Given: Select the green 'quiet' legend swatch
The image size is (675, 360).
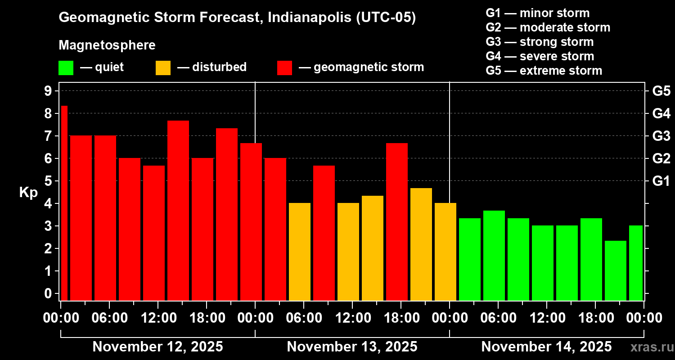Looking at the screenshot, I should (66, 67).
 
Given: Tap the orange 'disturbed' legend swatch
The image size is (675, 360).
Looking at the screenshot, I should (163, 67).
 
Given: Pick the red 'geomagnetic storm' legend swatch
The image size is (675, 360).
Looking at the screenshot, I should (284, 67).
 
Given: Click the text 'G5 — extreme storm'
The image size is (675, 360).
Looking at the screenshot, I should (544, 71).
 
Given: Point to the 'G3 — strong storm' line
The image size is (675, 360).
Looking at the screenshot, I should (540, 42).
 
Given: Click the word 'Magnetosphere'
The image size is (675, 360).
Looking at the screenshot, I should (107, 45).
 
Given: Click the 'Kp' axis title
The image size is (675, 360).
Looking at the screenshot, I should (28, 193).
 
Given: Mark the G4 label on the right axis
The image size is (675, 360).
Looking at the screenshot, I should (661, 113).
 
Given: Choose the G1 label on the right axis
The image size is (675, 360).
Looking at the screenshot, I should (661, 181).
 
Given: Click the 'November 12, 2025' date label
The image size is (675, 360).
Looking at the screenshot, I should (157, 347).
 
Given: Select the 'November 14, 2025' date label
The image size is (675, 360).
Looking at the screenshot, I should (546, 347).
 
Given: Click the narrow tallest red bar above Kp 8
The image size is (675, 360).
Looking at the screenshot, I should (64, 202).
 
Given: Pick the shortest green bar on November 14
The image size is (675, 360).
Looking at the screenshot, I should (615, 270).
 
